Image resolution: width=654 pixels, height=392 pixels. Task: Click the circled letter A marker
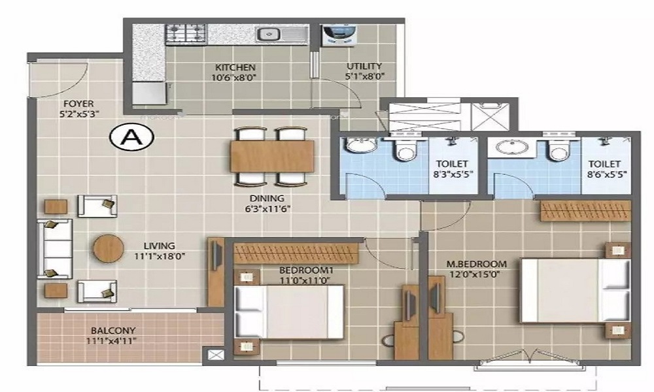click(131, 137)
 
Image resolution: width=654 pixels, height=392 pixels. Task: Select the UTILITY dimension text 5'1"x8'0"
click(365, 76)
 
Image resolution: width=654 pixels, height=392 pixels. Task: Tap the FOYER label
click(78, 103)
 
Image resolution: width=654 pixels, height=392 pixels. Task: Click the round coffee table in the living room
click(109, 248)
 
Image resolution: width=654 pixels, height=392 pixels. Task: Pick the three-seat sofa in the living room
click(54, 248)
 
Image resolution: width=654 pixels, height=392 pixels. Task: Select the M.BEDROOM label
click(476, 264)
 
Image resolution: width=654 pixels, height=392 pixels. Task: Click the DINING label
click(266, 199)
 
